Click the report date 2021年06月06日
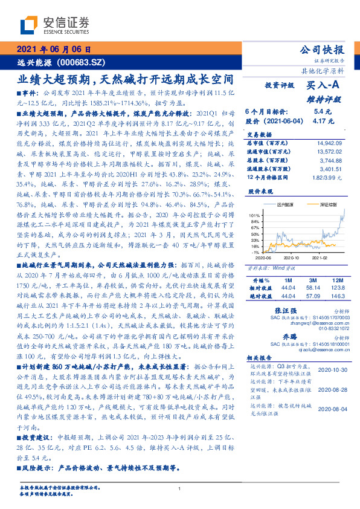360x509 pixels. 54,50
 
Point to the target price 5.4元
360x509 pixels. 323,112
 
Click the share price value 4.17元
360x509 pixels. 321,122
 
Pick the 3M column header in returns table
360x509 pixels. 312,281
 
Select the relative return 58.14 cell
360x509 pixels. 312,289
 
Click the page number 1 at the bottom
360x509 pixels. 180,489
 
